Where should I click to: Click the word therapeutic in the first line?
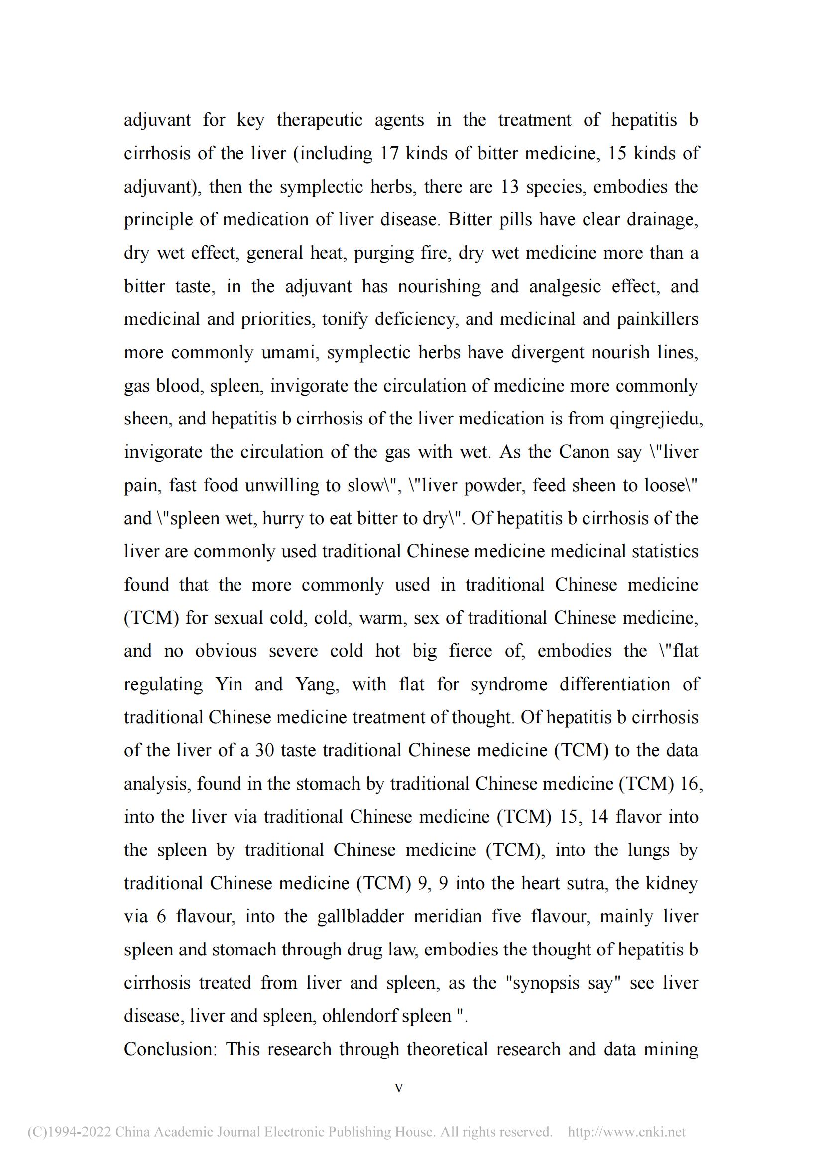point(320,120)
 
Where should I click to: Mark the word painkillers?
point(657,319)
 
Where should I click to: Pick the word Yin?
point(229,684)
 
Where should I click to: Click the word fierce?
point(470,651)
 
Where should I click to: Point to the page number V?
point(399,1088)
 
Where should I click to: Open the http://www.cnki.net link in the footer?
point(626,1132)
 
